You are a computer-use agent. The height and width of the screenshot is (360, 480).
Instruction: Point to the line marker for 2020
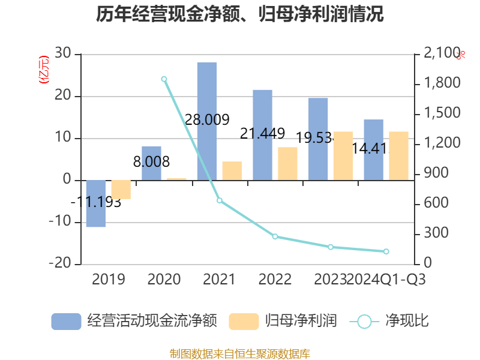click(x=164, y=79)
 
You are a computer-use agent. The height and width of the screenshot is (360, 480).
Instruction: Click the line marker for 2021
click(x=220, y=200)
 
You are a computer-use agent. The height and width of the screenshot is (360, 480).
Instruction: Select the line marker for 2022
click(x=275, y=236)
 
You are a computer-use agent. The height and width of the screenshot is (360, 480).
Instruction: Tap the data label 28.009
click(x=207, y=120)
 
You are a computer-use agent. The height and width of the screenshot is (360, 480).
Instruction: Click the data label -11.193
click(x=96, y=202)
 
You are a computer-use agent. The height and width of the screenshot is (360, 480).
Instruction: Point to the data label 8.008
click(x=151, y=162)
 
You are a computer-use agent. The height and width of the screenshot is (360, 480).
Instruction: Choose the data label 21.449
click(x=262, y=134)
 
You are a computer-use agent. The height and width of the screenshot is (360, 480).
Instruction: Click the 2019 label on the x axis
click(x=109, y=280)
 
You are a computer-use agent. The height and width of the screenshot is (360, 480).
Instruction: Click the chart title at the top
click(x=240, y=14)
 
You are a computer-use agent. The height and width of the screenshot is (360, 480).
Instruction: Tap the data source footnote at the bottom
click(x=240, y=354)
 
